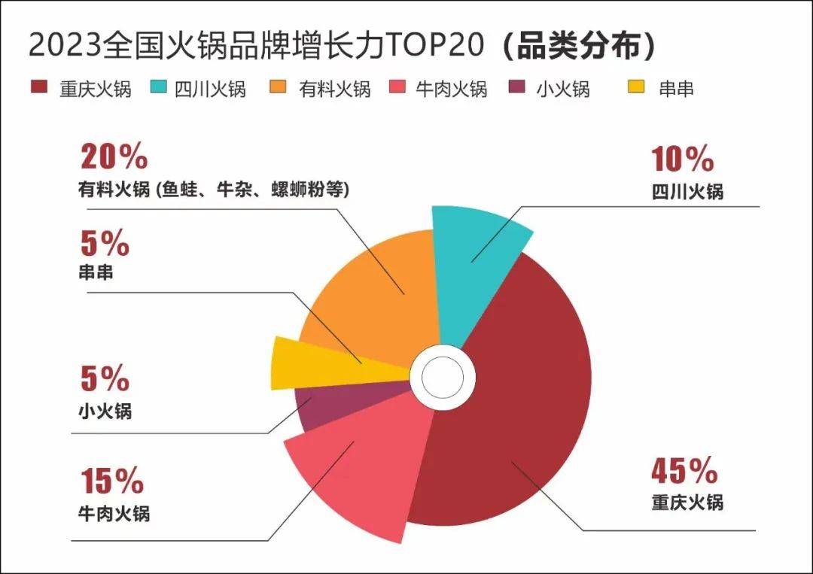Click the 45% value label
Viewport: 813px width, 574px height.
tap(684, 472)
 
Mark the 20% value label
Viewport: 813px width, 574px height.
tap(114, 157)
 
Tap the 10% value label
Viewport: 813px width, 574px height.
tap(683, 159)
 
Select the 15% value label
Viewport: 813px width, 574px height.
tap(112, 481)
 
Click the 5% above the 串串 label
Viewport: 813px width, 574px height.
tap(105, 243)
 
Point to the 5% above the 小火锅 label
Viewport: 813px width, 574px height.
tap(105, 378)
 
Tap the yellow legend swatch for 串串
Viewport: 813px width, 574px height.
tap(636, 88)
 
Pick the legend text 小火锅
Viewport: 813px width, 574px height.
tap(563, 90)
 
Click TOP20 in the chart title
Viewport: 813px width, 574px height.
tap(434, 47)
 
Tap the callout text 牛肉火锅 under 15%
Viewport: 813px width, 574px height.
tap(114, 513)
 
